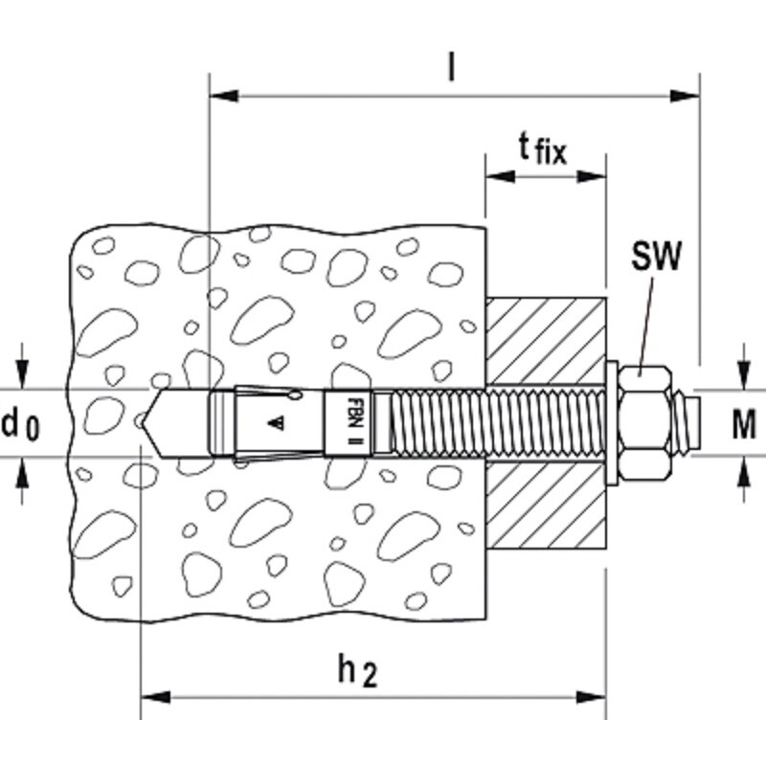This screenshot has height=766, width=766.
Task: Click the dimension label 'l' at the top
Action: coord(452,67)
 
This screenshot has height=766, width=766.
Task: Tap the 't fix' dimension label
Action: coord(542,149)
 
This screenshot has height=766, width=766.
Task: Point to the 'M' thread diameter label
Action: coord(744,424)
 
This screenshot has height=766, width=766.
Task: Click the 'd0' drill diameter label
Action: coord(20,424)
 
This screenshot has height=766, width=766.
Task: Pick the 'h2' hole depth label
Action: coord(357,672)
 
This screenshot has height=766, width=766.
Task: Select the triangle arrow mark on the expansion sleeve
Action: coord(277,422)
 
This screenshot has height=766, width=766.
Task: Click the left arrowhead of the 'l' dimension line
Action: coord(224,96)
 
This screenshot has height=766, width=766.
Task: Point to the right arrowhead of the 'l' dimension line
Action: coord(685,96)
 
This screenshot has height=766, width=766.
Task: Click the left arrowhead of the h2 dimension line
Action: coord(155,697)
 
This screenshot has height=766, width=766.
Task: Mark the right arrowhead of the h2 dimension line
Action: coord(591,697)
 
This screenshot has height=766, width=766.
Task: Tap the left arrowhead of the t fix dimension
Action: coord(500,176)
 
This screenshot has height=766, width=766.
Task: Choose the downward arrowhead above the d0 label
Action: coord(21,374)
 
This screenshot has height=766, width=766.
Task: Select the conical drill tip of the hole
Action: coord(152,423)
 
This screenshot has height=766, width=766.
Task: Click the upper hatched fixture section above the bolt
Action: coord(546,341)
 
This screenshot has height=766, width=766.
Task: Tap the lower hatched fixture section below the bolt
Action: coord(546,504)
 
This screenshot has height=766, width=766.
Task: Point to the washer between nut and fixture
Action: coord(612,423)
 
